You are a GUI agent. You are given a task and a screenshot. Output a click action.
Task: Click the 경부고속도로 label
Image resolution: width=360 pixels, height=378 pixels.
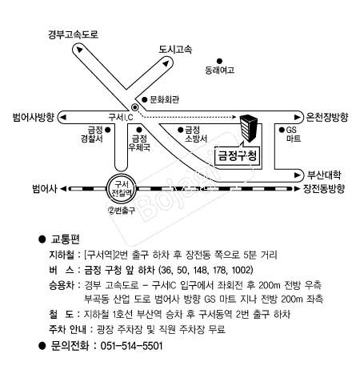tap(73, 34)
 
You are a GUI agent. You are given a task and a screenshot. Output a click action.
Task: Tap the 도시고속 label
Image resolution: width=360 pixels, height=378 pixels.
tap(175, 49)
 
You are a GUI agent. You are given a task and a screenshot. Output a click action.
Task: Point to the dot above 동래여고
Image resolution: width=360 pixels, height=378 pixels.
tap(219, 62)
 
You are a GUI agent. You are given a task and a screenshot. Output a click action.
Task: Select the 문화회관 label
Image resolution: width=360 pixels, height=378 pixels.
tap(164, 99)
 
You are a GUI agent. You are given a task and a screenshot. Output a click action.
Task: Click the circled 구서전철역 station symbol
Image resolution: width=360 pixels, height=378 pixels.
tap(122, 188)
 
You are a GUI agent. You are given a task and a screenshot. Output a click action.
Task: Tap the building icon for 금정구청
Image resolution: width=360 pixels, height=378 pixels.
tap(249, 128)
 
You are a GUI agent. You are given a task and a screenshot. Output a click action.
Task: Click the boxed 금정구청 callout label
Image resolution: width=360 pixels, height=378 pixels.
tap(238, 155)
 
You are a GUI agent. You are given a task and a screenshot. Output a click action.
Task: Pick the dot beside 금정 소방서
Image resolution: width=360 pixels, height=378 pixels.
tap(181, 130)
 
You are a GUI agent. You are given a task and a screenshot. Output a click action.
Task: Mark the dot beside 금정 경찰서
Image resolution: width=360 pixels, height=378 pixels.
tap(108, 130)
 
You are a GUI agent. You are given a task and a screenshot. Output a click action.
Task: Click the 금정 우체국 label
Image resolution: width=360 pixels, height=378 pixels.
tap(139, 143)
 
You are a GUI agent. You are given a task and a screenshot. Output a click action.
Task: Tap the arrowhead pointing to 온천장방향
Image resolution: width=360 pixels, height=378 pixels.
tap(297, 117)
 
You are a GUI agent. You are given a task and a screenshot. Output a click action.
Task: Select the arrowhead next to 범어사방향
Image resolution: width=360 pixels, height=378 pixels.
tap(62, 118)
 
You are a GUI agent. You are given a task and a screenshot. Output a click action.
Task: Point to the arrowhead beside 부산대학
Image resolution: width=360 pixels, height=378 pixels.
tap(297, 175)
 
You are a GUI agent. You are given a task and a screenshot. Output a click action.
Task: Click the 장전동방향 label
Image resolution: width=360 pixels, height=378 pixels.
tap(324, 189)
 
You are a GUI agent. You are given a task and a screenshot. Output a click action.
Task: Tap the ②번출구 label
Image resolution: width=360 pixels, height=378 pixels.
tap(122, 211)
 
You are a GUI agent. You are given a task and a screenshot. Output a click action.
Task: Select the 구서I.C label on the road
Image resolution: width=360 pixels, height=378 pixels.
tap(121, 117)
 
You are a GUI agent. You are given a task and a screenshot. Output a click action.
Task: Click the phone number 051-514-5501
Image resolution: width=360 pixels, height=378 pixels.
tap(131, 346)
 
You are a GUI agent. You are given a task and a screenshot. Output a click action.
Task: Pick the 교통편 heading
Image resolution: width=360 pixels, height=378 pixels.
tap(66, 239)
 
